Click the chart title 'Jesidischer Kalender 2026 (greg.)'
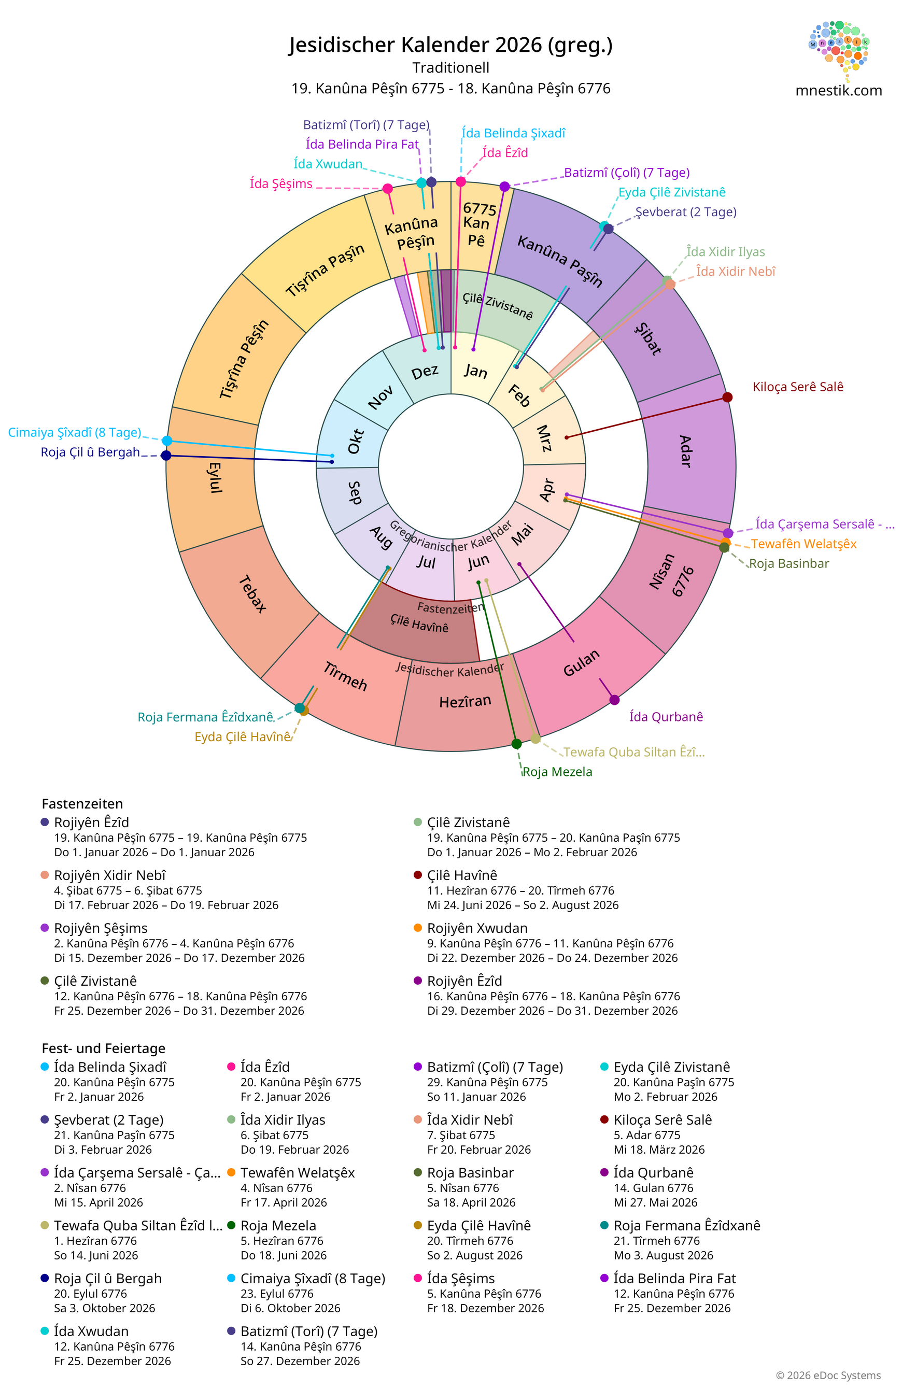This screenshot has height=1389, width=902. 450,45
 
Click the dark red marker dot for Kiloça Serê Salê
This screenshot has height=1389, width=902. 727,398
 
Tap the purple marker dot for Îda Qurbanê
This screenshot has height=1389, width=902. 614,700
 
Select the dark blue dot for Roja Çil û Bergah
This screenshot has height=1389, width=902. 166,455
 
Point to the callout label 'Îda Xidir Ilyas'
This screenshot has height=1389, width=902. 726,251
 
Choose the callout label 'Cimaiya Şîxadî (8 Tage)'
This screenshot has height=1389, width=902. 75,432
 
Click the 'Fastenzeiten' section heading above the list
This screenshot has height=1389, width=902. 82,804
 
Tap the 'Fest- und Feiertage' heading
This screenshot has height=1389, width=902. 104,1048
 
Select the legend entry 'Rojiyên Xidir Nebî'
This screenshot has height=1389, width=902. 110,875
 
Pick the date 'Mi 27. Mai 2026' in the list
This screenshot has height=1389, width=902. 656,1202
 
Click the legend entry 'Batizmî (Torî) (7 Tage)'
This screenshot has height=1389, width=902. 309,1331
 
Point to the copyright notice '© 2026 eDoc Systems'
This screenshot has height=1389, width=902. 828,1376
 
